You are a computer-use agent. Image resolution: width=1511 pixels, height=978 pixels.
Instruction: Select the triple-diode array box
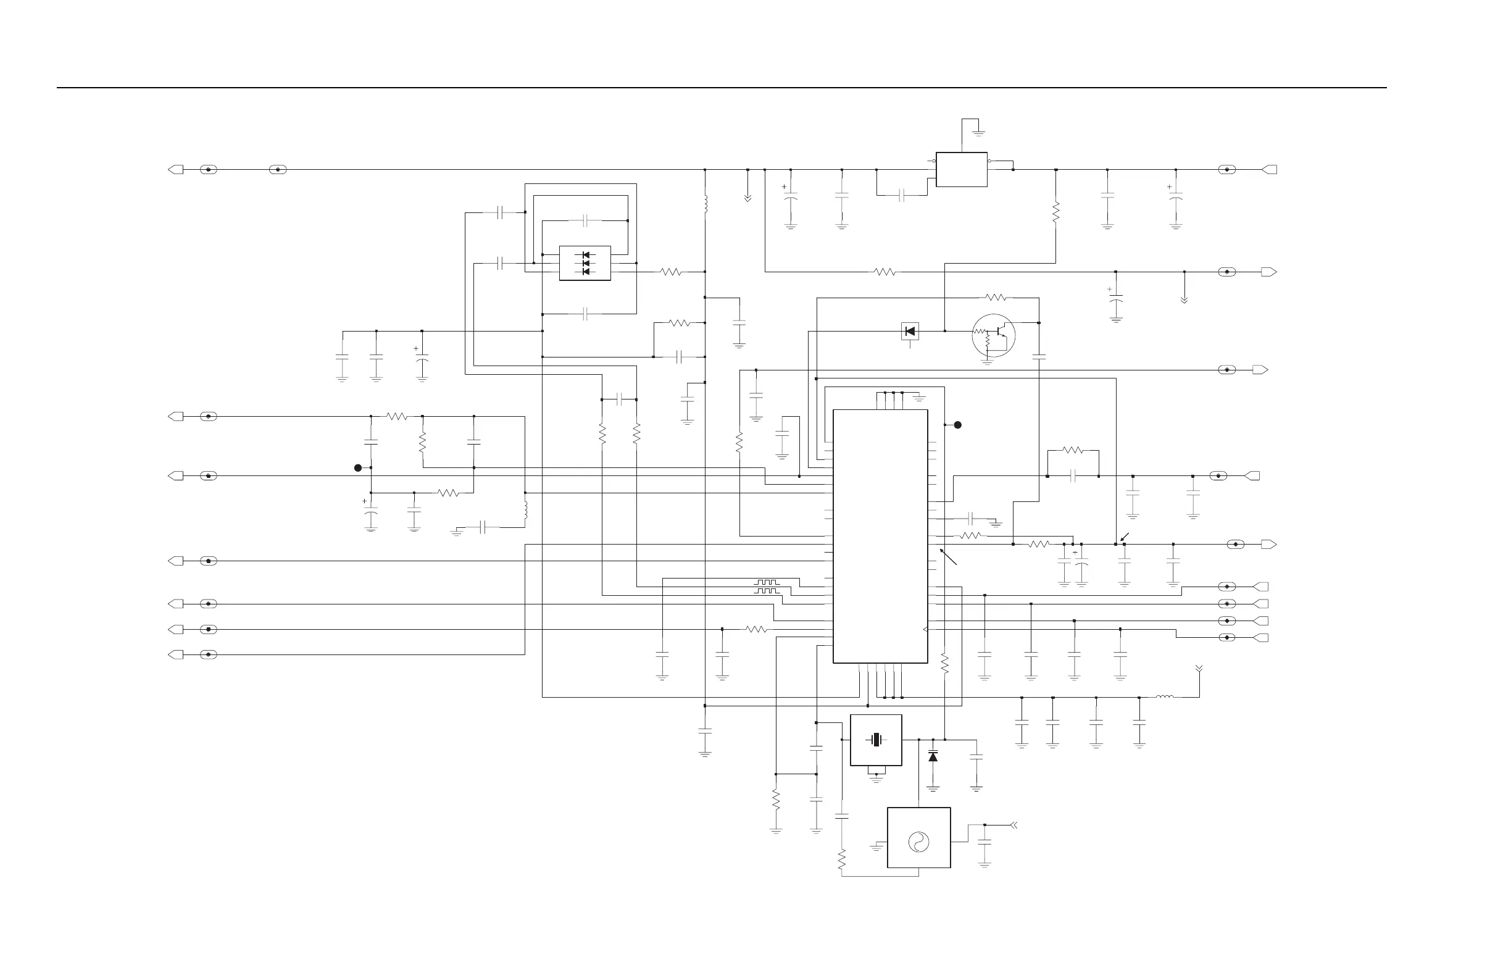585,263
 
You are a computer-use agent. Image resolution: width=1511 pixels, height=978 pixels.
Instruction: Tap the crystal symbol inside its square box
876,740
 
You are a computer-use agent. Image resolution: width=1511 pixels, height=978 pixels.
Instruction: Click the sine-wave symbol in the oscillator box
918,842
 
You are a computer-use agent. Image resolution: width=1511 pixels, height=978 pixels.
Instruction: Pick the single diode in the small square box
910,331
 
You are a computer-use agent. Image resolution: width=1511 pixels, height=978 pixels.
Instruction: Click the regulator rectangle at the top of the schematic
961,170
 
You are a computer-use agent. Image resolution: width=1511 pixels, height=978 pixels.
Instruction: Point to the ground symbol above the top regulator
979,133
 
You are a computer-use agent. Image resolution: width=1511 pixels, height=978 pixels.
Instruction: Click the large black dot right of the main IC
958,425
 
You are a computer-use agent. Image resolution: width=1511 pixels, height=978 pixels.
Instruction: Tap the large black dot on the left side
358,468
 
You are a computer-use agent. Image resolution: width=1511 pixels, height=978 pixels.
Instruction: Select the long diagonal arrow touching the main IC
948,557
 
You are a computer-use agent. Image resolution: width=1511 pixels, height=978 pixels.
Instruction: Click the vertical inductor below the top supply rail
706,204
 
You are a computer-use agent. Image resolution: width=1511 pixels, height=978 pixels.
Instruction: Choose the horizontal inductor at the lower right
1164,697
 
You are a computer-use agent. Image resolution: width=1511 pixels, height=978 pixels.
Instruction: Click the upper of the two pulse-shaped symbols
766,582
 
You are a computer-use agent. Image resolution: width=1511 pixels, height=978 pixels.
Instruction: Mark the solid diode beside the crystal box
933,757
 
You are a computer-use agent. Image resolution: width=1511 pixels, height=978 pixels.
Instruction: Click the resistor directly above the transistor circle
996,297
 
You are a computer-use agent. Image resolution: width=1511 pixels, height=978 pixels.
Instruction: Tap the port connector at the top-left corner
176,170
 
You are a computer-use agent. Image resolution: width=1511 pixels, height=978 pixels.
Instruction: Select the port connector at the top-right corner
1269,170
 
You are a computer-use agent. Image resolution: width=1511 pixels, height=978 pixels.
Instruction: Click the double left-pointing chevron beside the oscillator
1014,825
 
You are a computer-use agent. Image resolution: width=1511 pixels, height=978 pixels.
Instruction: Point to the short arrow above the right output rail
1125,537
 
